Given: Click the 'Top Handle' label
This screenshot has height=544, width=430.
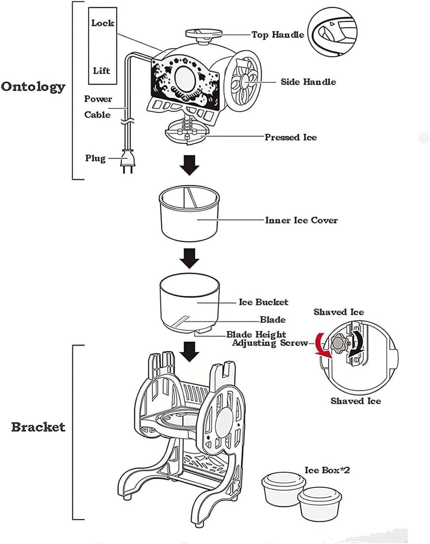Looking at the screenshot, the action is (x=278, y=35).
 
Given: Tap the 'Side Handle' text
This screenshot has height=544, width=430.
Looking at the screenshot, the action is (x=308, y=81).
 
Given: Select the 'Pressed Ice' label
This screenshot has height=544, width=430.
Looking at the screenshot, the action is (x=290, y=137).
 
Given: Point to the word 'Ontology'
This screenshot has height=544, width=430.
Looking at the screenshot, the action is (x=33, y=87).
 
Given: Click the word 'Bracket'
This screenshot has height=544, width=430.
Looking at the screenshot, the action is (x=38, y=427).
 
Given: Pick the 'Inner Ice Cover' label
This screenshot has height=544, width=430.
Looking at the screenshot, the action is (x=301, y=220).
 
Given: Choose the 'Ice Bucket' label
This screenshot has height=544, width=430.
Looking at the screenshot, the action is (x=263, y=302).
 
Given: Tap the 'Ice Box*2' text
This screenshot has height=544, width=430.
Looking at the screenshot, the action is (x=327, y=470).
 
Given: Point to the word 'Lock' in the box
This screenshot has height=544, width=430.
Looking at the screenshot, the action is (x=102, y=23).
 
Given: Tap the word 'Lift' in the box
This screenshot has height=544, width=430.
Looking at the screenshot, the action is (x=101, y=71).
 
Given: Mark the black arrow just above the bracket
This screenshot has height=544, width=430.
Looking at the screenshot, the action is (x=189, y=351).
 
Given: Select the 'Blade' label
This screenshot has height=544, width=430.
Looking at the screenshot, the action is (x=273, y=320).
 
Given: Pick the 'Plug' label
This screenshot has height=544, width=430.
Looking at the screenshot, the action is (x=95, y=158).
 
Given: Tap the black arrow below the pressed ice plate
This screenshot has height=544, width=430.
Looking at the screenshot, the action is (x=189, y=165).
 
